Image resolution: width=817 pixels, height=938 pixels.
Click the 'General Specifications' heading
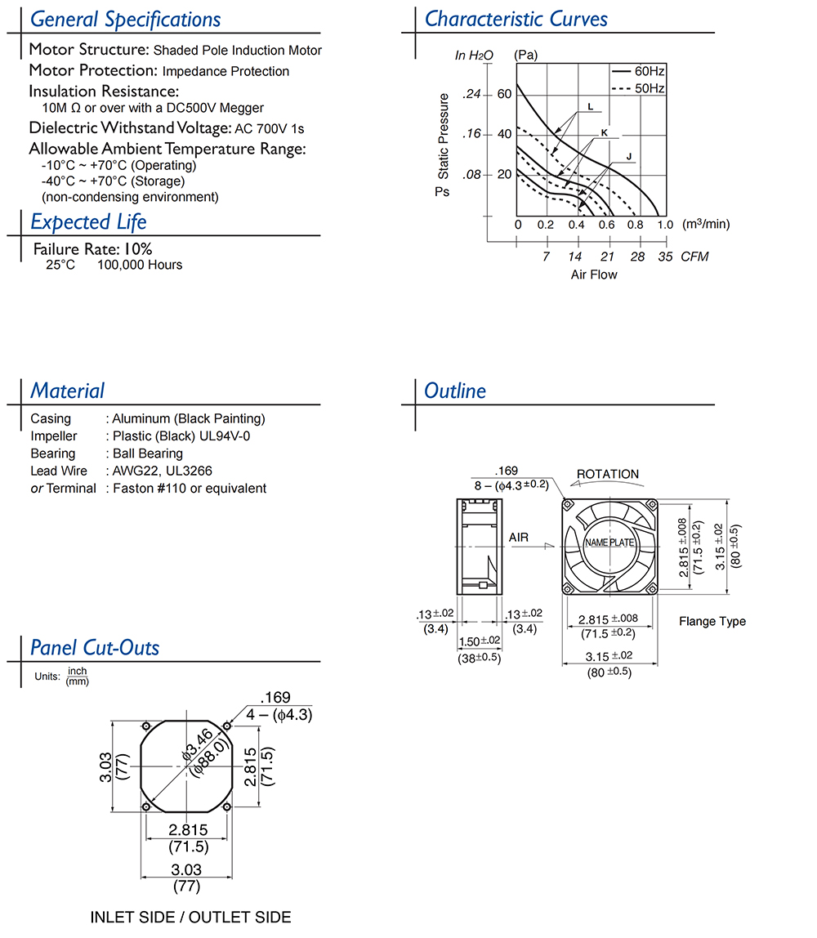coord(125,20)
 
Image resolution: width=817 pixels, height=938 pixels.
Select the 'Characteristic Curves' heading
coord(516,19)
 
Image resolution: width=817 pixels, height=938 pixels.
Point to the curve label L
coord(590,107)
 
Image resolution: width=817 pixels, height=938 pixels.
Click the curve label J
coord(629,156)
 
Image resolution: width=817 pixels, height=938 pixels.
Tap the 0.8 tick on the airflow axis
coord(635,225)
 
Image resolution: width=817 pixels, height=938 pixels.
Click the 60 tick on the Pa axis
coord(504,94)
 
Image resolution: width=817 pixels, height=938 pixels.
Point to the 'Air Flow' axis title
coord(594,275)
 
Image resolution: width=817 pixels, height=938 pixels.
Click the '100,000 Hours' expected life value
coord(140,265)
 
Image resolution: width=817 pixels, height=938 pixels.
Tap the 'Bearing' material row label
coord(52,453)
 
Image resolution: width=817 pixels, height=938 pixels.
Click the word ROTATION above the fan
coord(608,474)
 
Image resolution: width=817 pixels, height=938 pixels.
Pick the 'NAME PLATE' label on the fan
coord(609,543)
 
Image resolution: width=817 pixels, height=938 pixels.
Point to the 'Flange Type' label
coord(712,621)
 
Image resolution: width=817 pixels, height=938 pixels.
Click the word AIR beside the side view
coord(519,537)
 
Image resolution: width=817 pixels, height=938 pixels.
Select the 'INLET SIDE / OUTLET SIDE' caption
coord(190,918)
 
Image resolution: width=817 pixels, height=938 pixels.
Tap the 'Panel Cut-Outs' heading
coord(95,648)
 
